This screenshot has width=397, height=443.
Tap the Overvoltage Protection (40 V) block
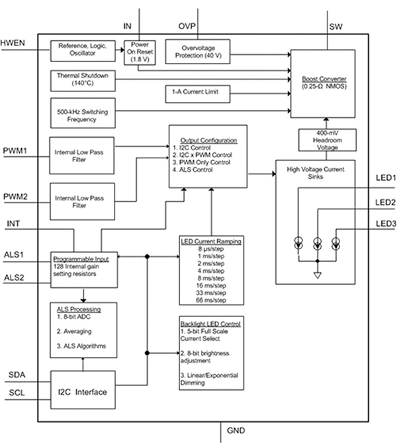(x=197, y=50)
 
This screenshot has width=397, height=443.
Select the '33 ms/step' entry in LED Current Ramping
(x=210, y=292)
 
